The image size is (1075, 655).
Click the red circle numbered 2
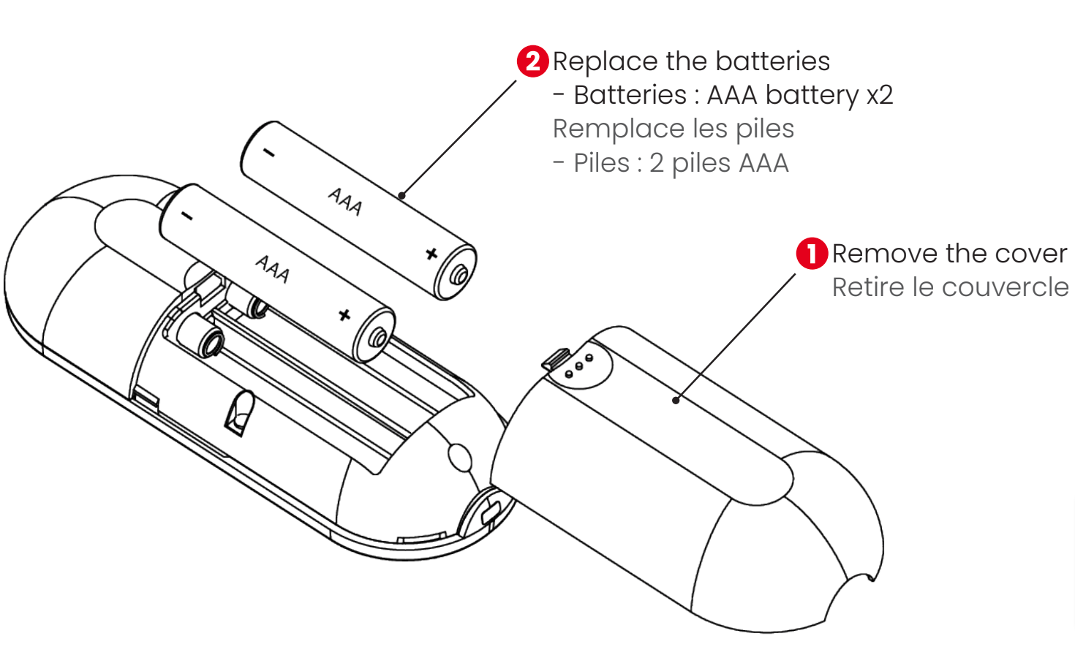pyautogui.click(x=532, y=61)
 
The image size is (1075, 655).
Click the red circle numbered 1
pyautogui.click(x=812, y=254)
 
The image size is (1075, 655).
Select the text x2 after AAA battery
pyautogui.click(x=879, y=95)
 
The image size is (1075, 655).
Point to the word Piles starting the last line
pyautogui.click(x=600, y=163)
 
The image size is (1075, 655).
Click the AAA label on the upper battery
pyautogui.click(x=344, y=202)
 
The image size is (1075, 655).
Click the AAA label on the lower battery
pyautogui.click(x=272, y=269)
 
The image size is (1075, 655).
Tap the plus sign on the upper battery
pyautogui.click(x=431, y=254)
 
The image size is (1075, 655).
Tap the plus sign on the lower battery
pyautogui.click(x=344, y=315)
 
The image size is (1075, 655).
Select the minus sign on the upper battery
pyautogui.click(x=269, y=153)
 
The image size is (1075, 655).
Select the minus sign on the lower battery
pyautogui.click(x=187, y=216)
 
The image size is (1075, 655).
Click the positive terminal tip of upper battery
pyautogui.click(x=459, y=276)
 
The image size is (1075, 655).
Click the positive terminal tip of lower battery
pyautogui.click(x=378, y=338)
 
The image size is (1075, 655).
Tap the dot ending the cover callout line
pyautogui.click(x=676, y=400)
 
